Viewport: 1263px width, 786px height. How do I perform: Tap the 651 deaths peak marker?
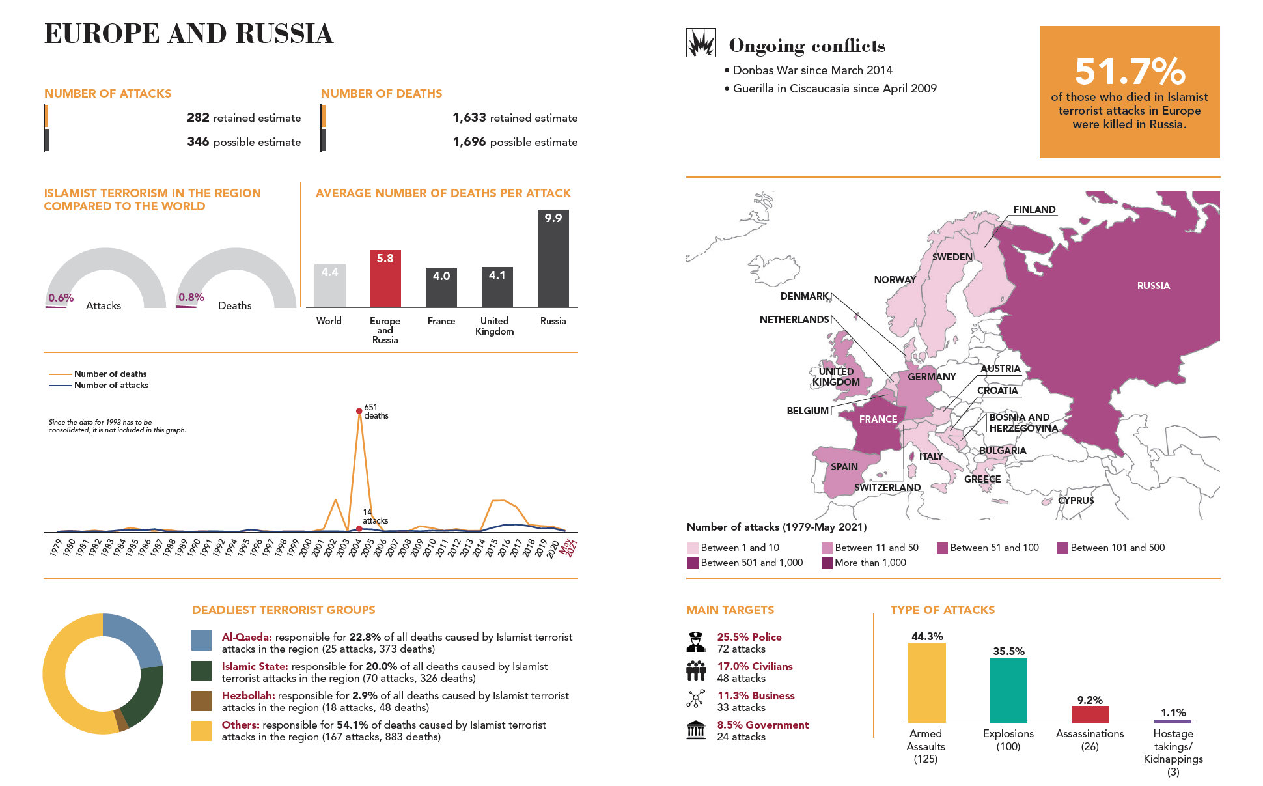pyautogui.click(x=359, y=411)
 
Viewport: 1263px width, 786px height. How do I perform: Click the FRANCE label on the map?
pyautogui.click(x=878, y=419)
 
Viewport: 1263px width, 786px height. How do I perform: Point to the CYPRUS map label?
pyautogui.click(x=1076, y=501)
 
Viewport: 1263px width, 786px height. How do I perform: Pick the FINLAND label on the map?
pyautogui.click(x=1034, y=210)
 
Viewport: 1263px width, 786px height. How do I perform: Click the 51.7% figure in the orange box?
pyautogui.click(x=1130, y=71)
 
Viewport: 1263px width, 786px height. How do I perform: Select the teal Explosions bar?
pyautogui.click(x=1008, y=690)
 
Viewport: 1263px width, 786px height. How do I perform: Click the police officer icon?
pyautogui.click(x=696, y=642)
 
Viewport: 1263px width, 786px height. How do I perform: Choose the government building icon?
pyautogui.click(x=696, y=730)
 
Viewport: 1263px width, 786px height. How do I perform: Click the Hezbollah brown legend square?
pyautogui.click(x=201, y=701)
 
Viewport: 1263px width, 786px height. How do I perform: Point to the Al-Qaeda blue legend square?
pyautogui.click(x=201, y=640)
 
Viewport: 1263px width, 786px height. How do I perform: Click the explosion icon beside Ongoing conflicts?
pyautogui.click(x=701, y=43)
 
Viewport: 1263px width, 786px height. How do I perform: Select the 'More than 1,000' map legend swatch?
pyautogui.click(x=827, y=563)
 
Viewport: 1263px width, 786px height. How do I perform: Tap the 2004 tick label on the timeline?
pyautogui.click(x=355, y=548)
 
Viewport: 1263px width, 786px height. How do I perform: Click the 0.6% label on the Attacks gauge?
pyautogui.click(x=61, y=298)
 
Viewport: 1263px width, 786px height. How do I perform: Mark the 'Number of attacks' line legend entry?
pyautogui.click(x=111, y=386)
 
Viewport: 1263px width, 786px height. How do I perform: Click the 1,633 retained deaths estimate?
pyautogui.click(x=469, y=118)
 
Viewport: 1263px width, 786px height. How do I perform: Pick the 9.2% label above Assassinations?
pyautogui.click(x=1090, y=700)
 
